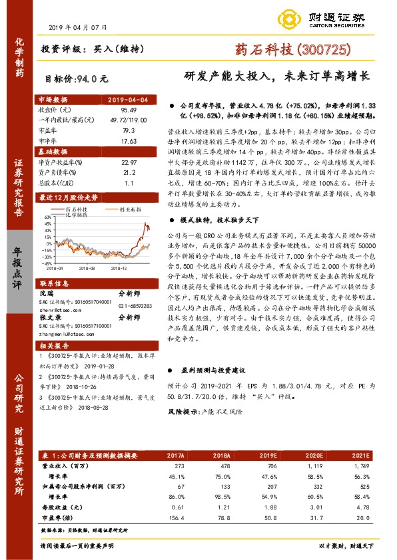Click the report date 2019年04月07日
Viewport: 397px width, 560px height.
[x=78, y=27]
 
